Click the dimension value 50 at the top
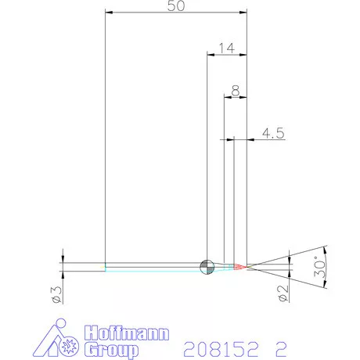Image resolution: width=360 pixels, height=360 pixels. pyautogui.click(x=176, y=6)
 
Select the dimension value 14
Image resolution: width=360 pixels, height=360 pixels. pyautogui.click(x=226, y=48)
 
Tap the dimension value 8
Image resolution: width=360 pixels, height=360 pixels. pyautogui.click(x=236, y=92)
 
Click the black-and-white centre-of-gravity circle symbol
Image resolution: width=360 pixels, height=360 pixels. pyautogui.click(x=207, y=267)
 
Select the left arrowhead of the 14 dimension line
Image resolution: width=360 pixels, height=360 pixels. pyautogui.click(x=211, y=54)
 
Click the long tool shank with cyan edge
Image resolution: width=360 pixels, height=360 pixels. pyautogui.click(x=153, y=267)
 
